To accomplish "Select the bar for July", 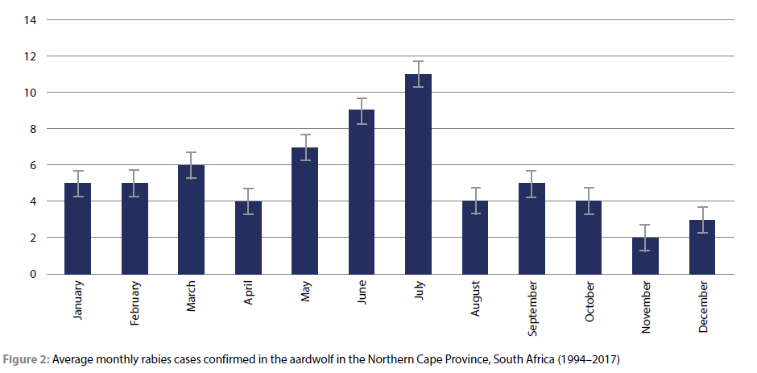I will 418,174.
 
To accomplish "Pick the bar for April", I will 248,238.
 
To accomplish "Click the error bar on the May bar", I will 305,147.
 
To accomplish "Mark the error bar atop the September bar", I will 532,184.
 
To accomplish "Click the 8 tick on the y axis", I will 33,129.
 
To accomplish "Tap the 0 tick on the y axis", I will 33,274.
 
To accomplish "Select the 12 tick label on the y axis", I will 31,56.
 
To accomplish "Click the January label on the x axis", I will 78,300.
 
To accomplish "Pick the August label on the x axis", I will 475,299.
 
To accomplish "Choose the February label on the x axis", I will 134,302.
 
